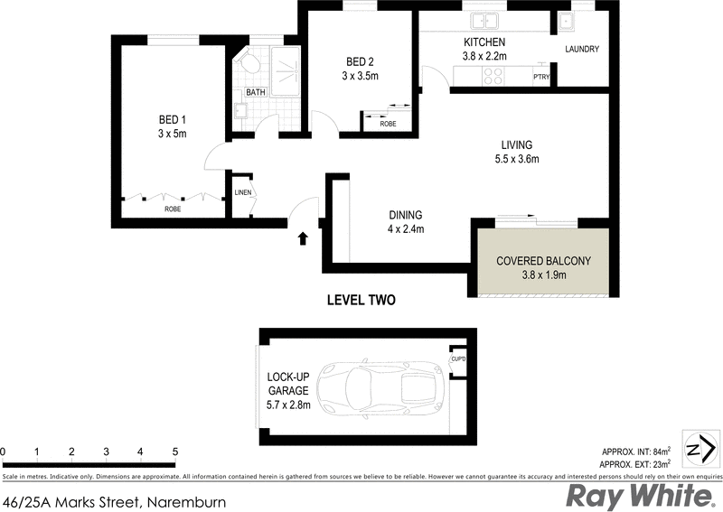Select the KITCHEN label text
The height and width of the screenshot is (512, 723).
click(484, 42)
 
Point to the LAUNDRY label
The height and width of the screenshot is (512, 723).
click(582, 49)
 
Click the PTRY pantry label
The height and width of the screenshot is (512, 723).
click(541, 77)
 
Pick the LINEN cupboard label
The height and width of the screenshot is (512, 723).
click(242, 192)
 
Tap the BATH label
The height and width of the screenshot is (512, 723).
click(256, 92)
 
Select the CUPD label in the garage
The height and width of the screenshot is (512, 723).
click(458, 360)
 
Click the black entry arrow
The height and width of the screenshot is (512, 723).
click(303, 237)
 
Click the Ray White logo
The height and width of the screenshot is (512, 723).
click(637, 496)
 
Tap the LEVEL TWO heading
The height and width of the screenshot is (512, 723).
click(361, 300)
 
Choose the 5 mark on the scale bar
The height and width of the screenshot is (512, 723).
click(174, 451)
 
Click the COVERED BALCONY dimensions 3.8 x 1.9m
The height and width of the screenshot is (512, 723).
click(543, 275)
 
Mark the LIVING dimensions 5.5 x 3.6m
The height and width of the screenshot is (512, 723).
click(518, 160)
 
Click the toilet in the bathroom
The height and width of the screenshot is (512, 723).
click(249, 61)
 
